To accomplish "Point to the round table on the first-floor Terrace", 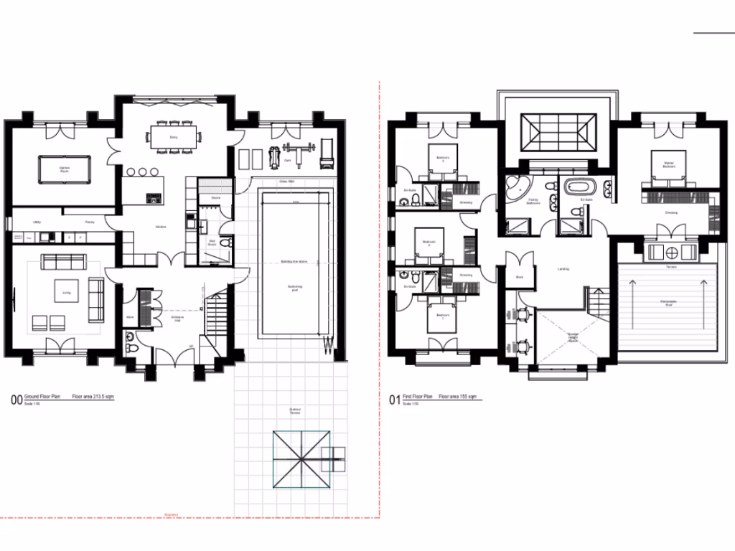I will click(672, 253).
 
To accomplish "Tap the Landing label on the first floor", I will click(563, 270).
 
